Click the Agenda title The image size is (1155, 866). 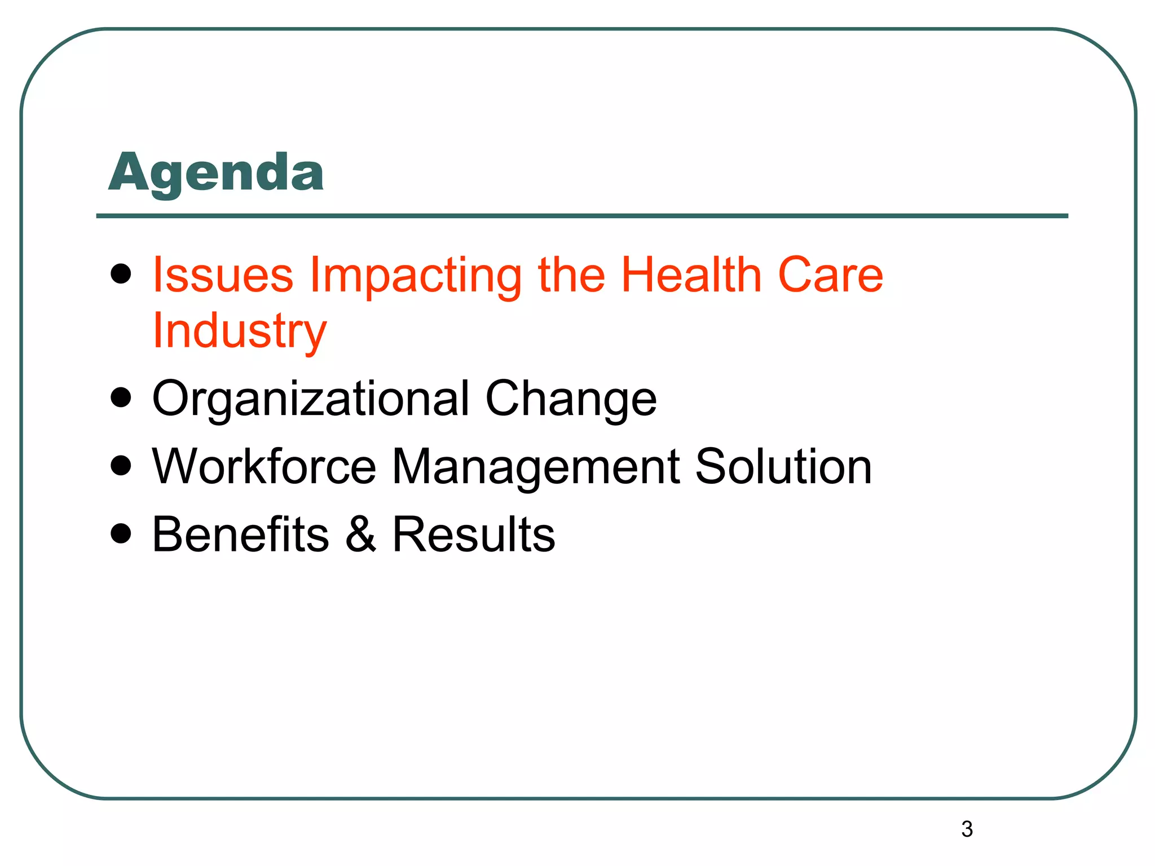tap(216, 173)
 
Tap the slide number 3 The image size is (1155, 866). tap(967, 829)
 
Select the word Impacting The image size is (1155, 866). tap(416, 276)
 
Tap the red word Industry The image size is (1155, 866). tap(240, 332)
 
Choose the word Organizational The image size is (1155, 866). tap(311, 399)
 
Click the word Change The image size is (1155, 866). tap(571, 399)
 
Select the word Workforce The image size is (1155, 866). tap(264, 466)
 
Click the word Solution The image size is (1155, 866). tap(783, 466)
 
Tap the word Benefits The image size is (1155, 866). tap(241, 534)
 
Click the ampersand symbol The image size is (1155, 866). tap(360, 534)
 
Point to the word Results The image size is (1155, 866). tap(474, 534)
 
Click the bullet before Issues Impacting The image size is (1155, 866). tap(121, 275)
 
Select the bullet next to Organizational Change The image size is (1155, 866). tap(121, 397)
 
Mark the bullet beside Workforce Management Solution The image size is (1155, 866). tap(121, 466)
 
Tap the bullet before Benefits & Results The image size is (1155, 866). tap(121, 533)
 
